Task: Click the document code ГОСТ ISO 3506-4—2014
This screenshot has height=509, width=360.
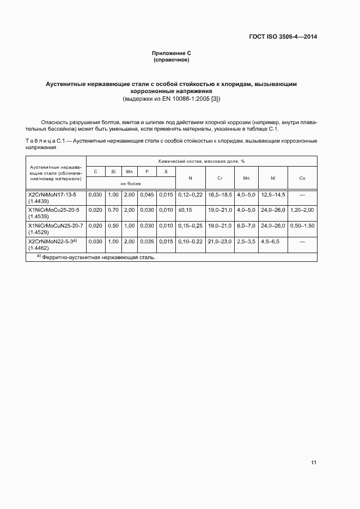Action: [x=283, y=37]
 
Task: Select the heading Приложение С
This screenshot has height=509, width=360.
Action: [x=171, y=53]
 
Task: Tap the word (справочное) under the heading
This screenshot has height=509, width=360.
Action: [x=171, y=59]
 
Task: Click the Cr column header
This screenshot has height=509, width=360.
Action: [x=219, y=178]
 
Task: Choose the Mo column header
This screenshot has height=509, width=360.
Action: [x=246, y=178]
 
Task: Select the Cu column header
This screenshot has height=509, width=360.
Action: [x=302, y=178]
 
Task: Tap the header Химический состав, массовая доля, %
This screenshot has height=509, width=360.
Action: [x=201, y=161]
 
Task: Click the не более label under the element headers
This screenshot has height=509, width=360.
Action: [x=131, y=184]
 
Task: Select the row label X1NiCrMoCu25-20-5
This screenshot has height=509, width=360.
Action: [x=53, y=210]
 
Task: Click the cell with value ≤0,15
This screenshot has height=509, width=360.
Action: [x=186, y=210]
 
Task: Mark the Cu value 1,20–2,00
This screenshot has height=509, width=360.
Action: [x=302, y=210]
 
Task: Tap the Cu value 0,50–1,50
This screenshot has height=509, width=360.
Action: [x=302, y=225]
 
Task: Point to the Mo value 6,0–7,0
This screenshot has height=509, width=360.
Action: [x=246, y=225]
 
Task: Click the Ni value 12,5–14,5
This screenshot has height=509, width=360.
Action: [x=273, y=194]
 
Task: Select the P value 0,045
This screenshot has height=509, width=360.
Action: [x=147, y=194]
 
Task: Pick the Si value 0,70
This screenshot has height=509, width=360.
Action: [x=113, y=210]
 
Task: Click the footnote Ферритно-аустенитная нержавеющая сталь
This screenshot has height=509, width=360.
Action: [x=98, y=257]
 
